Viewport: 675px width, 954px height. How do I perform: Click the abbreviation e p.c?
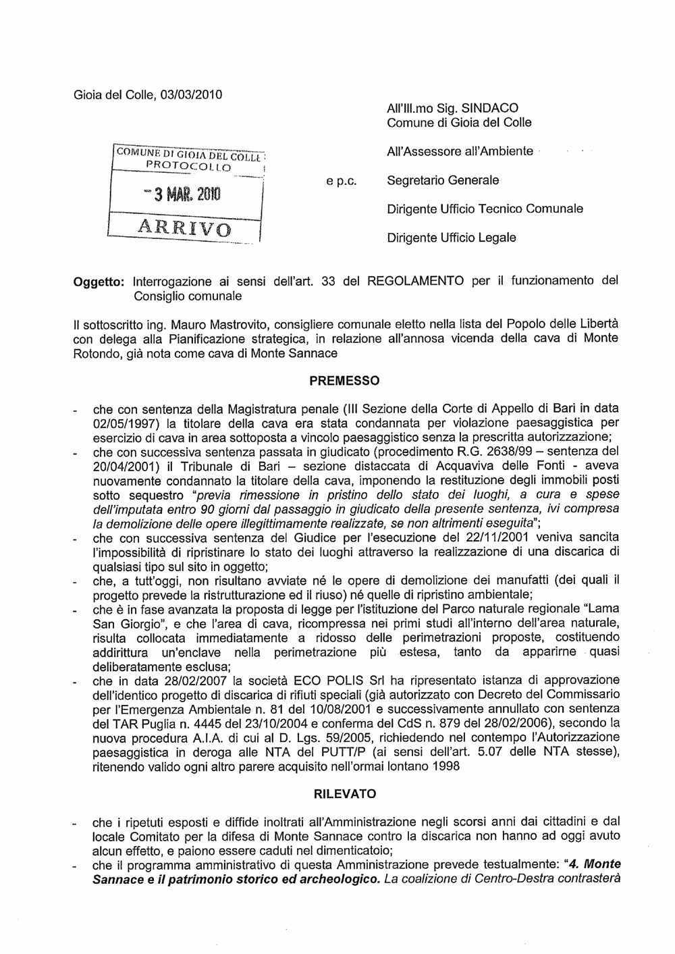(349, 181)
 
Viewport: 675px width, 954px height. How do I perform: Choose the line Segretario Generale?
(443, 180)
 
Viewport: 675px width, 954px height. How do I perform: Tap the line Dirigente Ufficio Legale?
(451, 238)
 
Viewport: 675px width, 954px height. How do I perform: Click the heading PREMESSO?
(344, 381)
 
